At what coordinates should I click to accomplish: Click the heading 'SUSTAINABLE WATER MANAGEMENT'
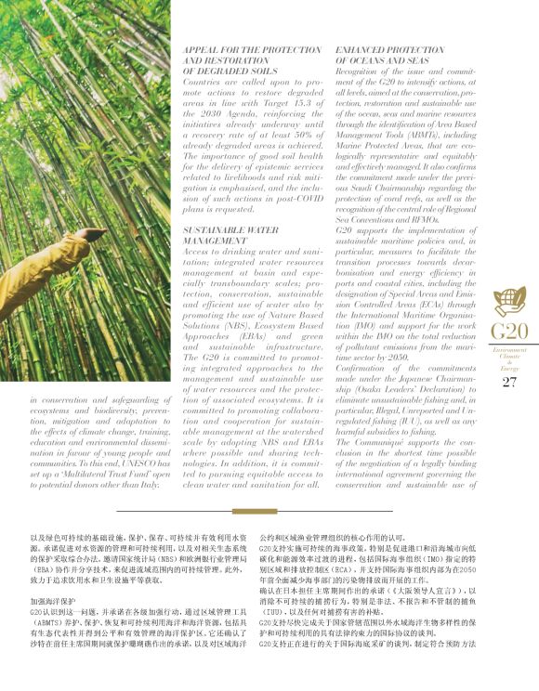coord(230,234)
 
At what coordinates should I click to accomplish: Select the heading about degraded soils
coord(239,59)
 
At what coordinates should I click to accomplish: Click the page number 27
coord(508,382)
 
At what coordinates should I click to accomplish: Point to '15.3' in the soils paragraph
coord(297,101)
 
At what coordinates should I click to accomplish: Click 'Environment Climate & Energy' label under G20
coord(508,358)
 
